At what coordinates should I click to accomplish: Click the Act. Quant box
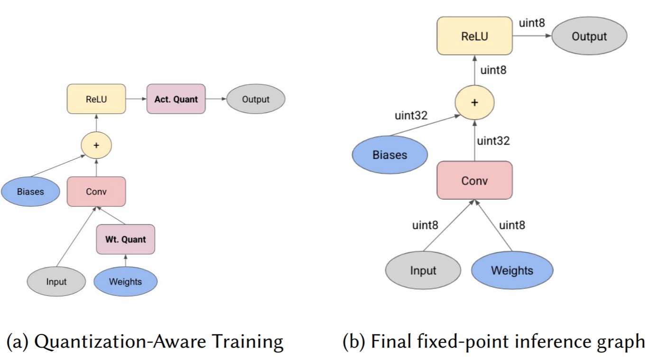pos(176,99)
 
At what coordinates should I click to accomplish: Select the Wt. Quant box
pos(126,239)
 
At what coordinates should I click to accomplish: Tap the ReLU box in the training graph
pos(96,99)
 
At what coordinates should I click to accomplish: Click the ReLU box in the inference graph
pos(474,36)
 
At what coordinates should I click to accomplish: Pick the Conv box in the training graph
pos(96,192)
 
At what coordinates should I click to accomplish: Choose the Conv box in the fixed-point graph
pos(474,180)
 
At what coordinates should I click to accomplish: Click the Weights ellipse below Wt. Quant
pos(125,281)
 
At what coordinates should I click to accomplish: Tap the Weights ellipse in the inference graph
pos(512,270)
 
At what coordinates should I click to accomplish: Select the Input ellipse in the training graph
pos(56,281)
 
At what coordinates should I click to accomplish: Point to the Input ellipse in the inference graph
pos(423,270)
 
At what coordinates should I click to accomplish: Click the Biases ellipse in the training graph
pos(30,192)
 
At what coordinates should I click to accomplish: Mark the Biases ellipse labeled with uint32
pos(389,155)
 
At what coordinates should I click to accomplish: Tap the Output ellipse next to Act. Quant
pos(256,99)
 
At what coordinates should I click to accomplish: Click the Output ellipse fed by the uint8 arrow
pos(589,36)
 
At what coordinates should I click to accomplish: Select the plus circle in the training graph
pos(96,145)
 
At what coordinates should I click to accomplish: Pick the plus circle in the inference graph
pos(474,102)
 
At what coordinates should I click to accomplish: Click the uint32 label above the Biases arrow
pos(411,115)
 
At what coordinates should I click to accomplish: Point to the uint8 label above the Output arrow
pos(532,23)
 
